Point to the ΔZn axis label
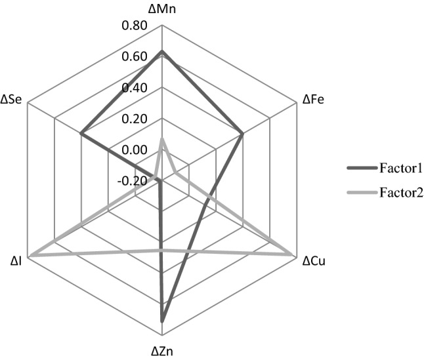click(x=161, y=351)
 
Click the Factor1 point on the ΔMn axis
click(x=161, y=52)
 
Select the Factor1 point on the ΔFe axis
click(x=242, y=134)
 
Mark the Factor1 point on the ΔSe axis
click(x=81, y=134)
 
